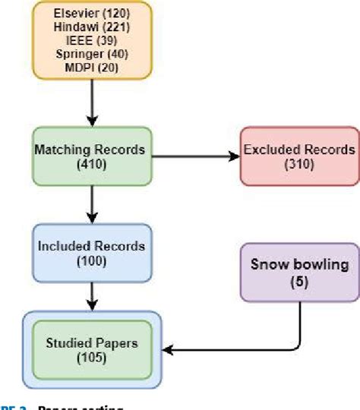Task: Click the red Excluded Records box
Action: click(298, 157)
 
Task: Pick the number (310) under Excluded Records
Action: click(298, 166)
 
